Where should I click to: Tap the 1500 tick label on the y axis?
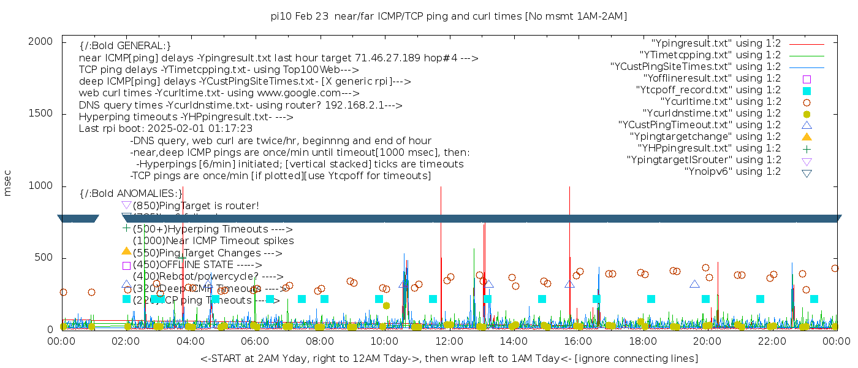[x=44, y=113]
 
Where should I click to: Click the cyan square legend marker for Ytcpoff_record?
[x=807, y=90]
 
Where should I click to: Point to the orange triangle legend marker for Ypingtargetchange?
[x=807, y=136]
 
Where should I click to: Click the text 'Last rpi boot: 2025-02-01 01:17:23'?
[x=165, y=129]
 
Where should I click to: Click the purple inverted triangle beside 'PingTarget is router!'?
[x=126, y=205]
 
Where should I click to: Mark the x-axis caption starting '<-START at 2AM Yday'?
[x=449, y=358]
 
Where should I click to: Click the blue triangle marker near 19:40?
[x=694, y=284]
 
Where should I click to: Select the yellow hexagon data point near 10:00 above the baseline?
[x=386, y=305]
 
